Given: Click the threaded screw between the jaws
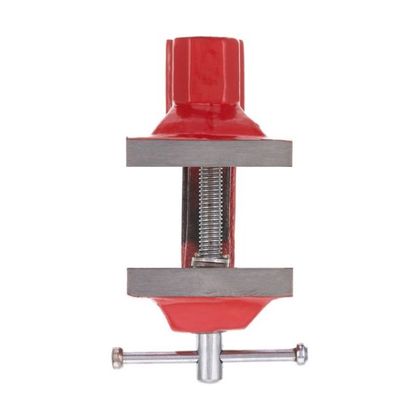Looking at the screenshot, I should [x=209, y=213].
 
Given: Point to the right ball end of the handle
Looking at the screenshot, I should [x=300, y=354].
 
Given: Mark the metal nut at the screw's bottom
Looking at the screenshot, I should [x=209, y=260].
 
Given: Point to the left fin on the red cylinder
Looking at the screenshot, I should [x=169, y=70].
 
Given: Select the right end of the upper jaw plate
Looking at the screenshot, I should [x=285, y=152].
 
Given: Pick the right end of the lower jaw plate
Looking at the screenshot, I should [x=285, y=281].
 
